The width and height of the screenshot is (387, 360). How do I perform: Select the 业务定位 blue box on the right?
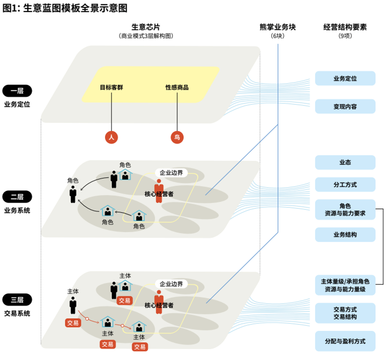click(345, 78)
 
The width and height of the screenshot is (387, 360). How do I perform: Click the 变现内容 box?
click(345, 106)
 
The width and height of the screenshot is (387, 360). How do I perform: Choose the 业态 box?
click(345, 163)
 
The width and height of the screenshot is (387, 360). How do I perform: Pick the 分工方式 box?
click(345, 185)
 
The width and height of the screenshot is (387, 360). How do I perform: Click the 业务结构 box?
click(345, 234)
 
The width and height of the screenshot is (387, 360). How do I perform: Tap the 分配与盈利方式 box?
click(345, 341)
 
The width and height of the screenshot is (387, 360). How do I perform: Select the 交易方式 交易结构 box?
click(345, 313)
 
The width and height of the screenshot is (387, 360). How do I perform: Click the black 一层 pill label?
click(17, 91)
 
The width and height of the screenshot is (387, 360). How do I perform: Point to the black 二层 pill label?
click(17, 197)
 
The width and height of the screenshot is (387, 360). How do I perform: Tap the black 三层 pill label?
click(17, 300)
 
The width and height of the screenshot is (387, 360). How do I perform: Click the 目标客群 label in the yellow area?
click(111, 87)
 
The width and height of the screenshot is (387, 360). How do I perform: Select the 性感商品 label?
click(177, 87)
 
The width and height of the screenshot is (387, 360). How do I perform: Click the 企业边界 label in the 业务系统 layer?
click(171, 172)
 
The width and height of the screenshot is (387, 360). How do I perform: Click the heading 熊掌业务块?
click(278, 27)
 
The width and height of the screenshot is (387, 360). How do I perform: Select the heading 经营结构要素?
click(345, 27)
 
